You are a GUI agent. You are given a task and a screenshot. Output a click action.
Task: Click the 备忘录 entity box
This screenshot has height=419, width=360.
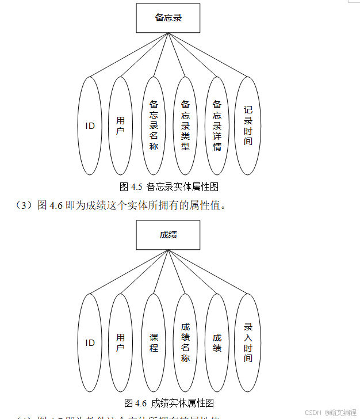[x=168, y=18]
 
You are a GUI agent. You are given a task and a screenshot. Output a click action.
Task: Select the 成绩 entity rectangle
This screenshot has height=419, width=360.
[x=168, y=235]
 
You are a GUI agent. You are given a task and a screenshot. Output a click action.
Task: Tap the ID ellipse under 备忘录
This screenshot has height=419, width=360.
[x=90, y=125]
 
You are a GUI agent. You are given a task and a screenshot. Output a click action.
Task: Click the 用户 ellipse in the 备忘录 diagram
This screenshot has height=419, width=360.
[x=121, y=125]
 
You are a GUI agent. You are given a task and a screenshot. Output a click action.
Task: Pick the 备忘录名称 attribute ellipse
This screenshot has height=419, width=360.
[x=154, y=125]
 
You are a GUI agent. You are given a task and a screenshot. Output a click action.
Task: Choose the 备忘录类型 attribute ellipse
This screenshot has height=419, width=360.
[x=185, y=125]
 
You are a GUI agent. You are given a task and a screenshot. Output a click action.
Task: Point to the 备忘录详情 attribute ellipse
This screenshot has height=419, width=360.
[x=217, y=125]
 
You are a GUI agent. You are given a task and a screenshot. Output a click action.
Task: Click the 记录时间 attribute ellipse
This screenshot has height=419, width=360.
[x=248, y=125]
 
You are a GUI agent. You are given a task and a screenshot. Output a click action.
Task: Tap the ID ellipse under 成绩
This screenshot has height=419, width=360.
[x=90, y=343]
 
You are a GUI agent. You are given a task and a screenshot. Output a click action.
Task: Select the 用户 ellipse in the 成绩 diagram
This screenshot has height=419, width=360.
[x=121, y=343]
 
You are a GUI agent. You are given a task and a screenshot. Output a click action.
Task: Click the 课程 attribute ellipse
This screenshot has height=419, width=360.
[x=154, y=343]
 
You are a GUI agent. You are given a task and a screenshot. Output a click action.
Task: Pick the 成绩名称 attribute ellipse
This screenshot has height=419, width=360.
[x=185, y=343]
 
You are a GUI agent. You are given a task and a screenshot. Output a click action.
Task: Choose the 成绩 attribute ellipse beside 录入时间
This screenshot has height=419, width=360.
[x=217, y=343]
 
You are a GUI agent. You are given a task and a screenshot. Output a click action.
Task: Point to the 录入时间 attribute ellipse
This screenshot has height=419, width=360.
[x=248, y=343]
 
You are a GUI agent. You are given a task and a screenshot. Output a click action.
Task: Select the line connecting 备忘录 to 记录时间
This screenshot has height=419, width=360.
[x=208, y=55]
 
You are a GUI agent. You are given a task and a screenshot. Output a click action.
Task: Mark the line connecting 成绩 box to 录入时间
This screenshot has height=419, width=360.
[x=208, y=272]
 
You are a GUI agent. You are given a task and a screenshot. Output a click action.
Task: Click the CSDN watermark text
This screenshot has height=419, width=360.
[x=330, y=413]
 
